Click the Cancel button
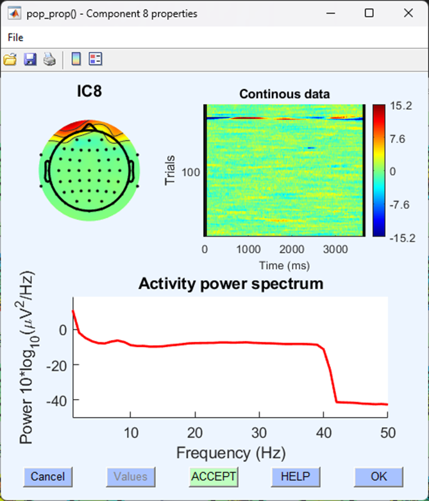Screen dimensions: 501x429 [48, 477]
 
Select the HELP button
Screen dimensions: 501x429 [295, 477]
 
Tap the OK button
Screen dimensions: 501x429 [379, 477]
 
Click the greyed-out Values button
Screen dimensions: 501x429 [131, 477]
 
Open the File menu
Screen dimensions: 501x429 [15, 38]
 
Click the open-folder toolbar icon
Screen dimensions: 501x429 [10, 60]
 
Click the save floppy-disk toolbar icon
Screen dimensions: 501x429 [29, 60]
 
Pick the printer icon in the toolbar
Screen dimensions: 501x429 [49, 60]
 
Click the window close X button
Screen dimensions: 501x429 [408, 13]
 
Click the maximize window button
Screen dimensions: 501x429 [369, 13]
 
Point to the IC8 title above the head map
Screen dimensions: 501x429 [89, 91]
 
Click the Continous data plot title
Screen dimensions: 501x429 [284, 94]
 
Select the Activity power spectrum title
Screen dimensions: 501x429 [230, 284]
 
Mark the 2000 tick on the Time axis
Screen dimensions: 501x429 [292, 249]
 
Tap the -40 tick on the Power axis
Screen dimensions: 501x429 [57, 400]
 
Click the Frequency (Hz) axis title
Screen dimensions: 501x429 [230, 452]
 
